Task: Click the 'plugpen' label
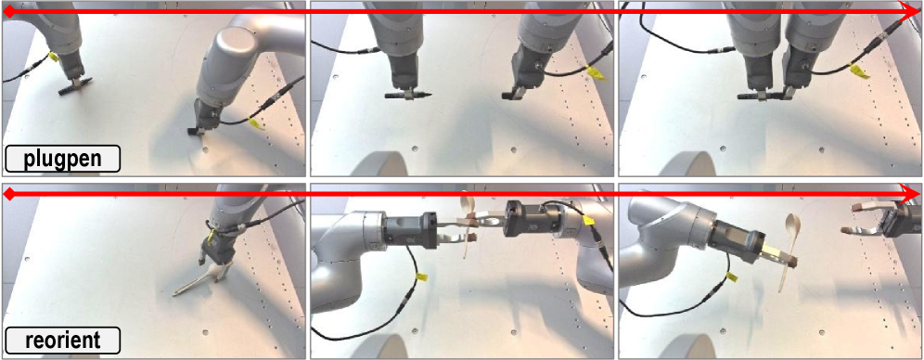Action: pyautogui.click(x=62, y=160)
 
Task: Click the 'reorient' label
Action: pyautogui.click(x=62, y=341)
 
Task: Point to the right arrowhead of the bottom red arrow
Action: pyautogui.click(x=911, y=194)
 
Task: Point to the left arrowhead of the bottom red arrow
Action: pyautogui.click(x=10, y=194)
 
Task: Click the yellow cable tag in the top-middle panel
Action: pyautogui.click(x=596, y=73)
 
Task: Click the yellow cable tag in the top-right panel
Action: pyautogui.click(x=859, y=71)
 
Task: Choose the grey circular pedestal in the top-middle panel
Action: pyautogui.click(x=382, y=164)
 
